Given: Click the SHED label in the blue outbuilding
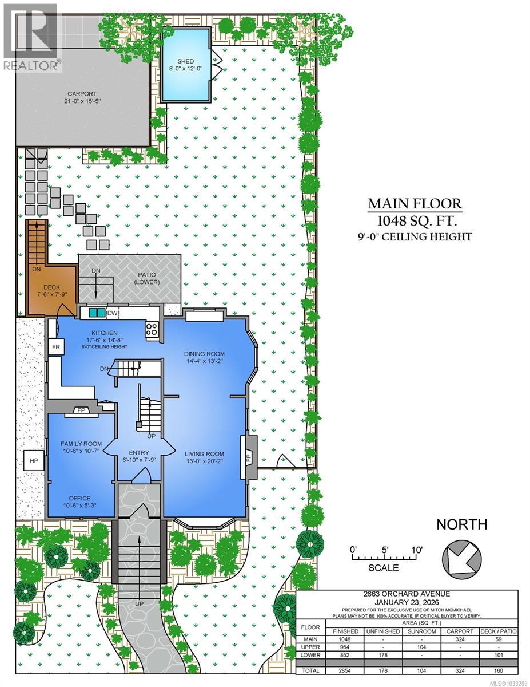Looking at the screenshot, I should click(185, 62).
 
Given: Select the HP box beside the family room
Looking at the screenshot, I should click(34, 460).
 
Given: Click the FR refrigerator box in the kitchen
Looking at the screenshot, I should click(56, 348).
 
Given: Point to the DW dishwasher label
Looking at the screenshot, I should click(113, 313).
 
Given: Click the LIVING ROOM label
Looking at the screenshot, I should click(204, 454).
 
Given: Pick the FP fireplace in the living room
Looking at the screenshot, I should click(249, 458).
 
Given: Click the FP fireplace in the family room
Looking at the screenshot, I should click(81, 410).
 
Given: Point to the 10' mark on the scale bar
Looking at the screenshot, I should click(416, 550).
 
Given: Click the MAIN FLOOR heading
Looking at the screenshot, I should click(415, 204).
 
